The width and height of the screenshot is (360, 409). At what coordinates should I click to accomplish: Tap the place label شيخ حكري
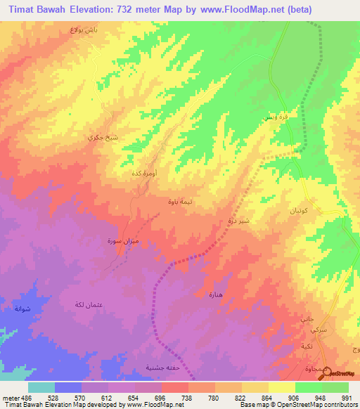point(99,138)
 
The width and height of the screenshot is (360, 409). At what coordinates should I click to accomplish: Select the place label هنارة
point(215,294)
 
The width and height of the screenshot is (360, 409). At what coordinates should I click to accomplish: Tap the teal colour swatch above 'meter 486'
point(41,387)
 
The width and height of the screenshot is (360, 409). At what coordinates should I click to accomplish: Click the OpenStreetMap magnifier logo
point(325,373)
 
